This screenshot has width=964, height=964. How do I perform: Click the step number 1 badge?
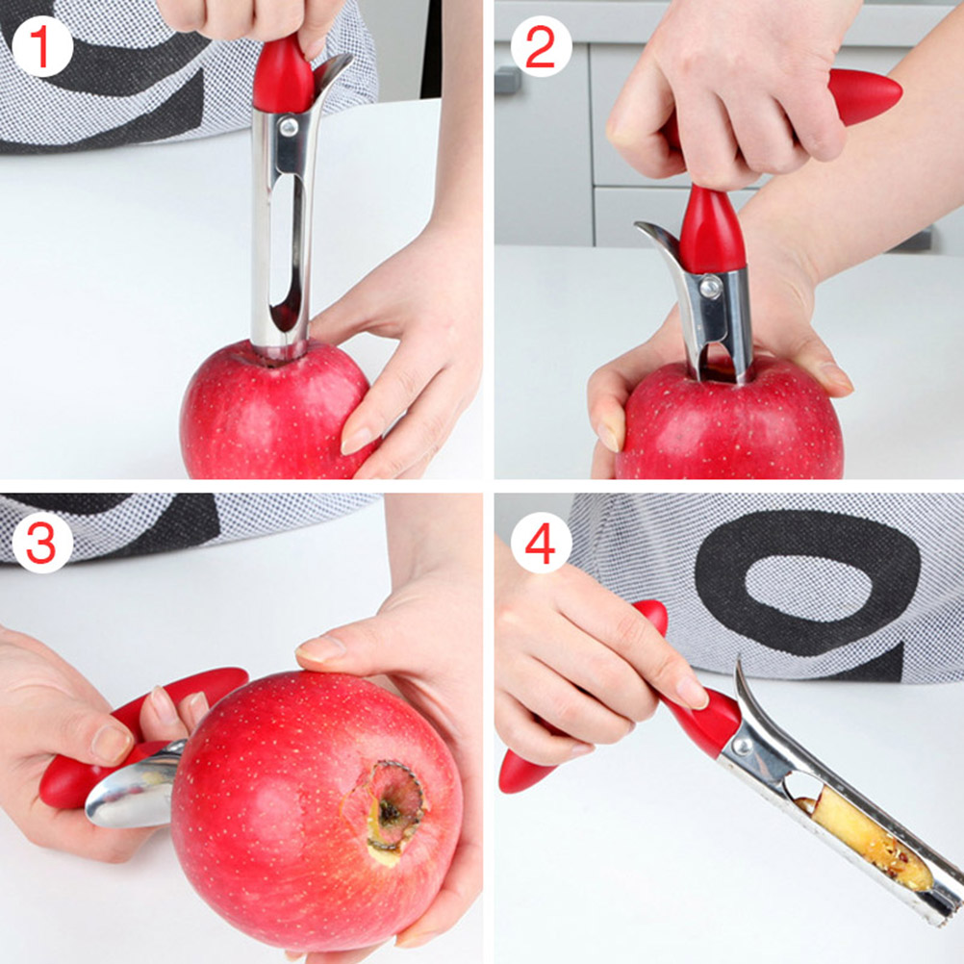(41, 47)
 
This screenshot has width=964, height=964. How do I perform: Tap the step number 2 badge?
(541, 47)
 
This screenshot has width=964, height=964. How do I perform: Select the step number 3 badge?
(41, 543)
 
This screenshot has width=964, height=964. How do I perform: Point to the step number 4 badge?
(541, 543)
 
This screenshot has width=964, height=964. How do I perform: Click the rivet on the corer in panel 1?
(289, 127)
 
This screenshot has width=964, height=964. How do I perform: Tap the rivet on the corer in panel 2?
(710, 287)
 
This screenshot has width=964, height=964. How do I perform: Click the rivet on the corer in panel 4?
(743, 747)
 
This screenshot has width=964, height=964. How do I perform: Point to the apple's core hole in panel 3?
(389, 813)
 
